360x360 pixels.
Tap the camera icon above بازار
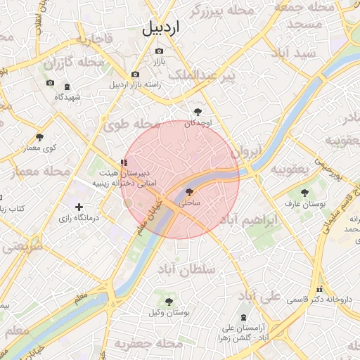[x=158, y=51]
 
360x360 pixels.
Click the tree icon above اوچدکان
[x=198, y=111]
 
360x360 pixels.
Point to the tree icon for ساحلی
[x=189, y=191]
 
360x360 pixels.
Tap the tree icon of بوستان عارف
[x=304, y=192]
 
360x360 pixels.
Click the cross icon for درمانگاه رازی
[x=79, y=207]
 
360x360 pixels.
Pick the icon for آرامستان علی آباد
[x=243, y=318]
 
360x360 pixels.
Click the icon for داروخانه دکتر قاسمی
[x=320, y=288]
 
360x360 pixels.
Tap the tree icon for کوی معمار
[x=39, y=137]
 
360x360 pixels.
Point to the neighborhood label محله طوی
[x=127, y=126]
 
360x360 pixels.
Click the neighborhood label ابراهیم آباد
[x=250, y=221]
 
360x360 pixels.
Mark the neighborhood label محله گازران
[x=72, y=63]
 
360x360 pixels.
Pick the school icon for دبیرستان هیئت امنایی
[x=124, y=163]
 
